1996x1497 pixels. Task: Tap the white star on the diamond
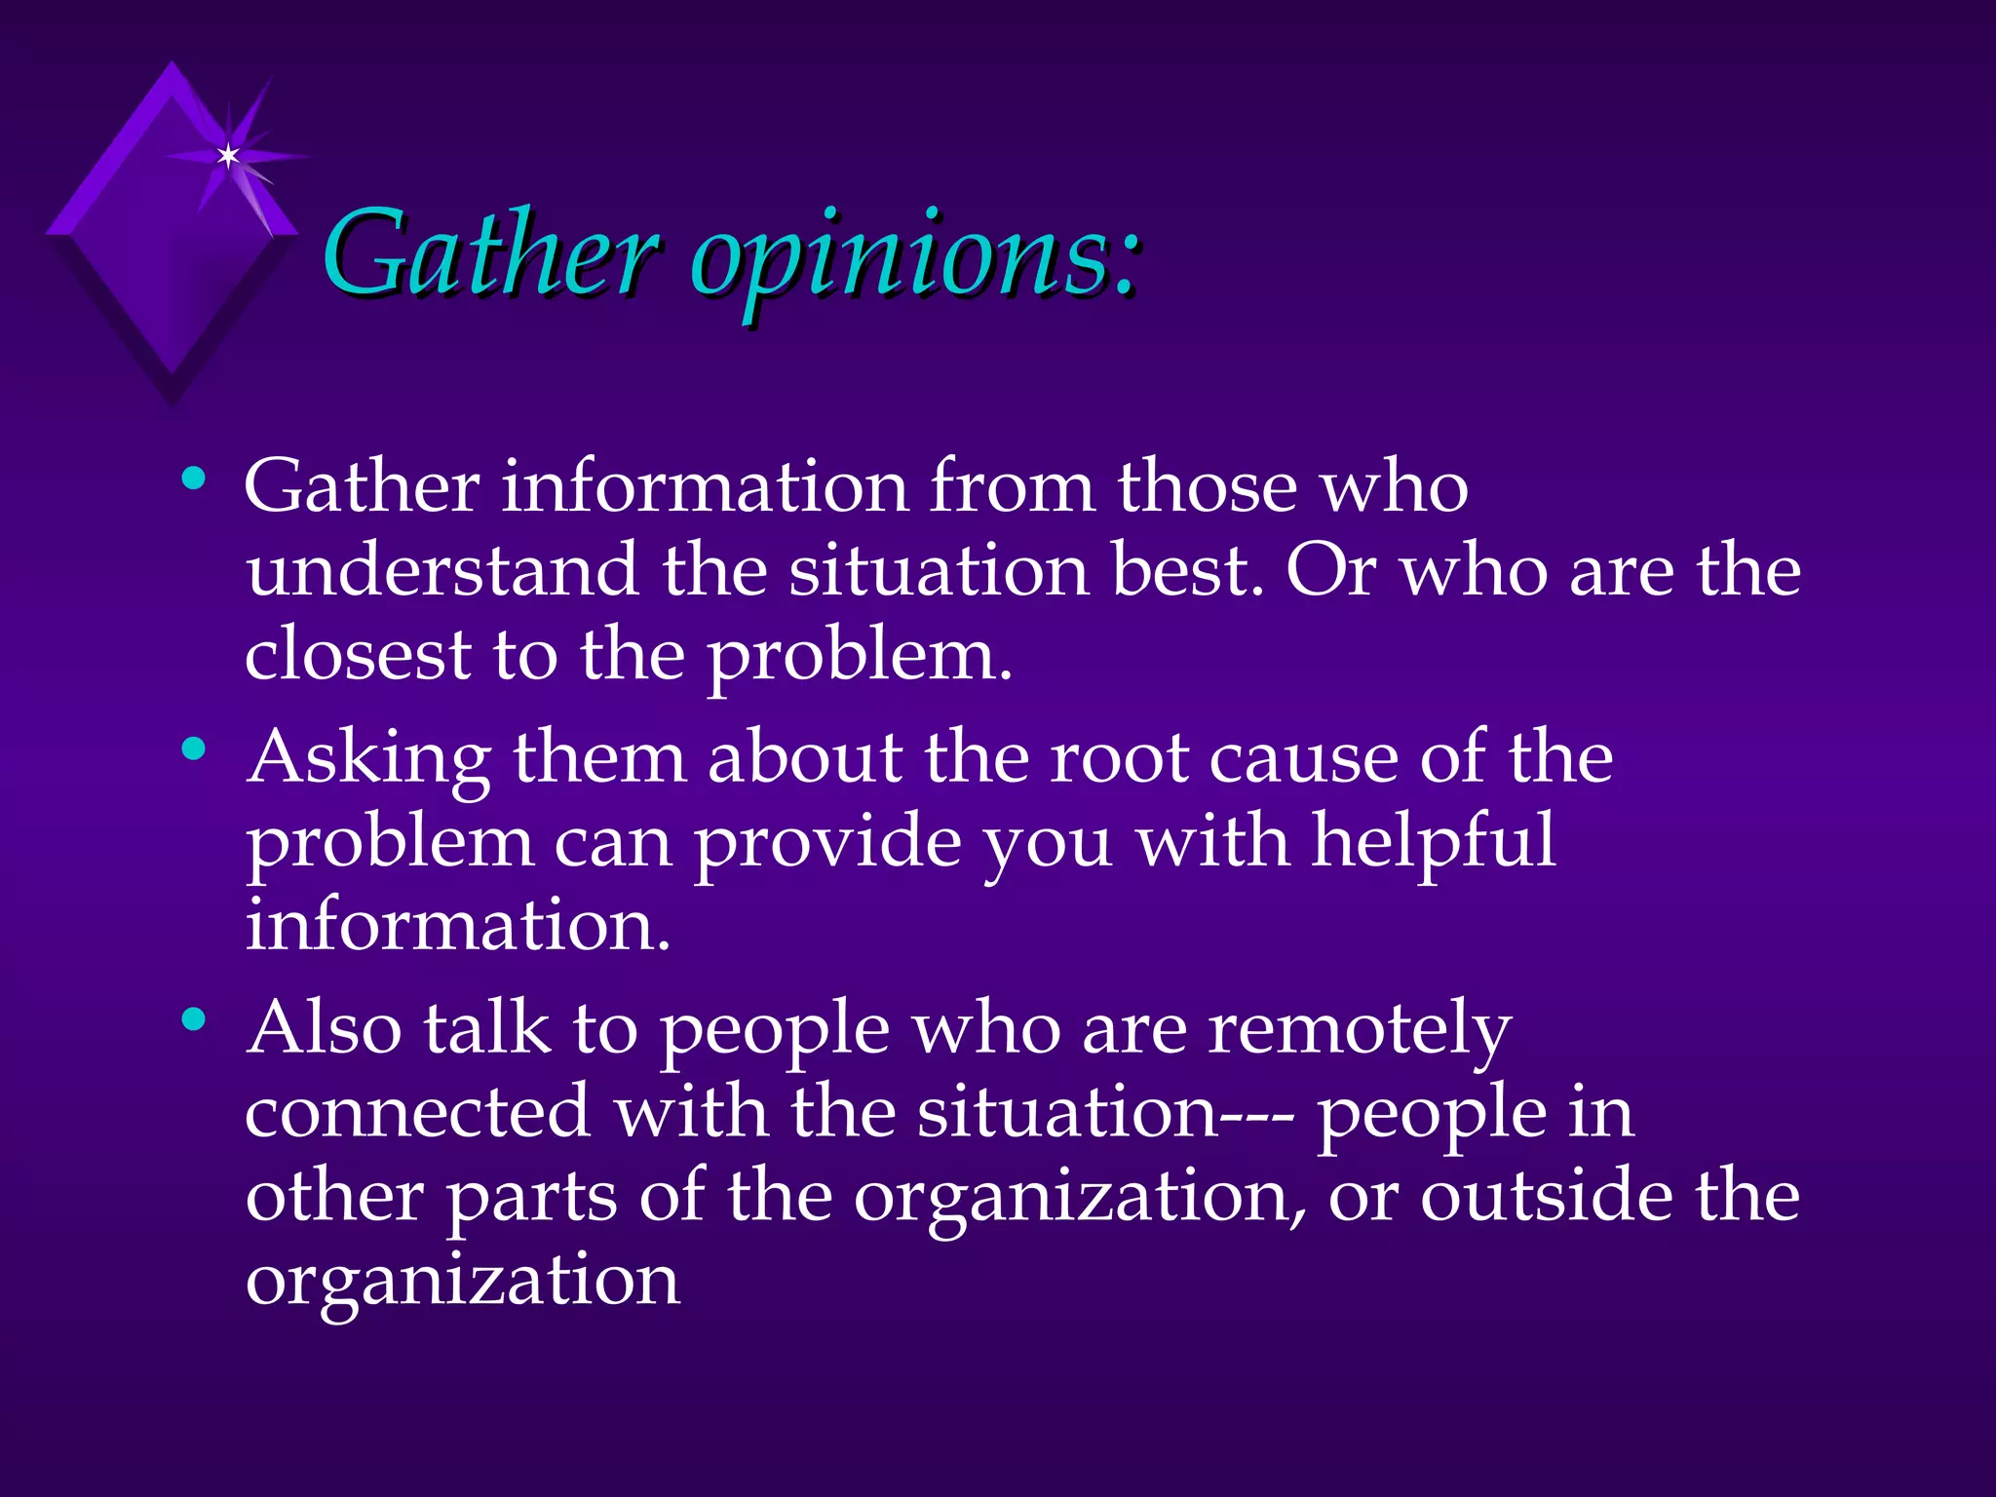click(228, 156)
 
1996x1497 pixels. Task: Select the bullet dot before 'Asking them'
click(194, 749)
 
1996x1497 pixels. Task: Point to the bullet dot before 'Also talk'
click(194, 1020)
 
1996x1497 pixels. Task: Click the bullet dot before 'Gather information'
click(194, 479)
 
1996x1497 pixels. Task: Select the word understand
click(441, 570)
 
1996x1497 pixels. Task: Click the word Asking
click(368, 758)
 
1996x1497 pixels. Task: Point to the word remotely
click(1360, 1029)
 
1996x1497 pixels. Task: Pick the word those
click(1208, 486)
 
